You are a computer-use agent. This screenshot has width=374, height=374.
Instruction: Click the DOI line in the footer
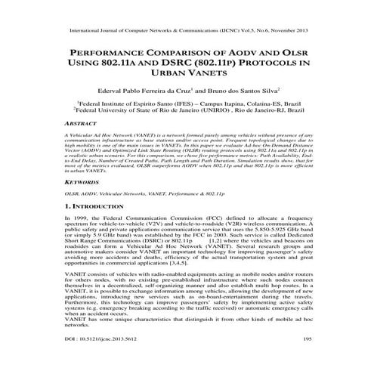(93, 361)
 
